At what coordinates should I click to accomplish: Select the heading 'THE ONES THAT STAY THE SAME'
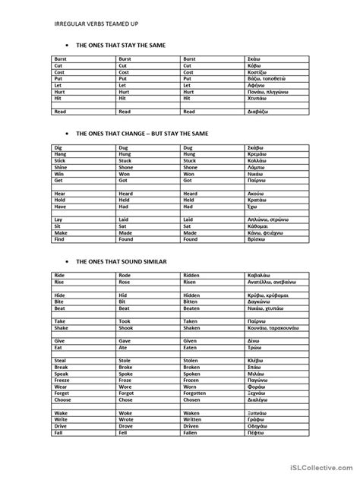[122, 46]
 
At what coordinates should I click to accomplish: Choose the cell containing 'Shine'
[60, 167]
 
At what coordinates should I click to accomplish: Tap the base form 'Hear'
[58, 194]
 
